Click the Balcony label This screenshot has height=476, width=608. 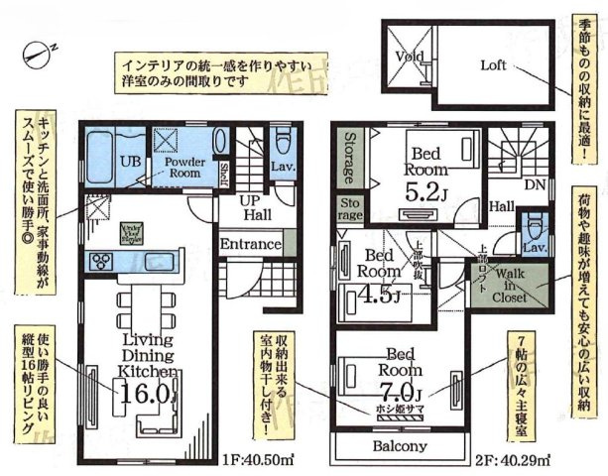click(401, 446)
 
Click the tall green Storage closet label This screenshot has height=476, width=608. click(348, 159)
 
